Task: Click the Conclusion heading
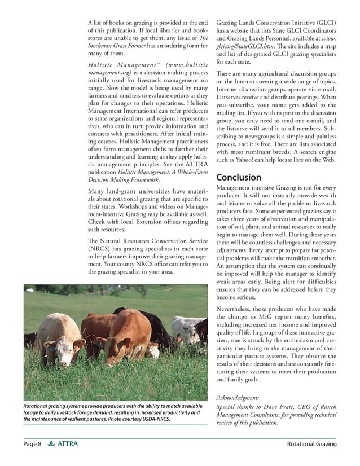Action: click(239, 177)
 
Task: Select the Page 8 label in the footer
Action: click(32, 445)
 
